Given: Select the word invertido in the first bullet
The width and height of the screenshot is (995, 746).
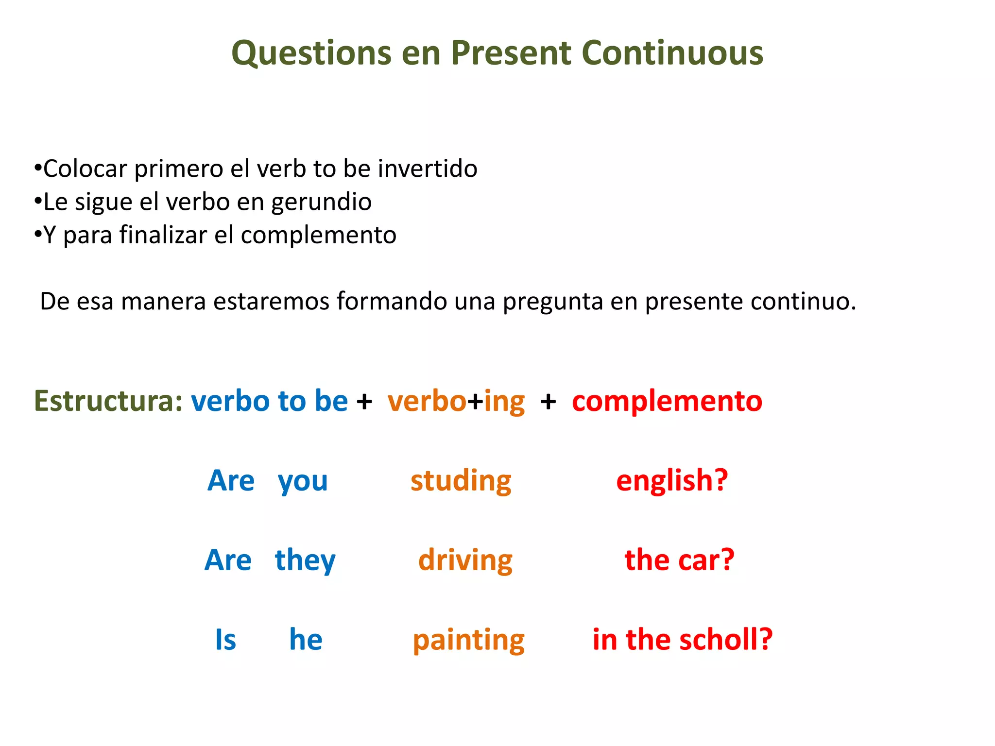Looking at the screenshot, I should pyautogui.click(x=428, y=169).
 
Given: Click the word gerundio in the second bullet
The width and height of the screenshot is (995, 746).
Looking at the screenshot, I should pyautogui.click(x=321, y=202).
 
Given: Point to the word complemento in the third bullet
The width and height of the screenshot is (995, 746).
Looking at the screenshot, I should pyautogui.click(x=318, y=235).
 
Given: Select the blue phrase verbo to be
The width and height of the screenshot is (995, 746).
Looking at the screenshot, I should pyautogui.click(x=269, y=401).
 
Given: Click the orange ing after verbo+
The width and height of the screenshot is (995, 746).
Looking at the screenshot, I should pyautogui.click(x=504, y=402).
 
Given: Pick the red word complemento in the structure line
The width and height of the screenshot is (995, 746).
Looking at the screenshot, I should pyautogui.click(x=667, y=401).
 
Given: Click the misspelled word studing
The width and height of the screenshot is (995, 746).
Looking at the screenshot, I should pyautogui.click(x=461, y=481).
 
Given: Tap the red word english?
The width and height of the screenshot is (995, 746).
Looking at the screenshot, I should pyautogui.click(x=672, y=481).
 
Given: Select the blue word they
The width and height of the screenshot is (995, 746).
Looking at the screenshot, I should pyautogui.click(x=305, y=560).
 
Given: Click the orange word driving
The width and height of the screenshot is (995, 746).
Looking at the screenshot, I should pyautogui.click(x=465, y=560).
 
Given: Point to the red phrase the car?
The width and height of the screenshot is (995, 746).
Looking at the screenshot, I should pyautogui.click(x=679, y=560).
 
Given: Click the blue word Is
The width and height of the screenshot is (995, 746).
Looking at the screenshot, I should pyautogui.click(x=225, y=640).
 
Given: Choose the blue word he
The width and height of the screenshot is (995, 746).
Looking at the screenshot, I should pyautogui.click(x=306, y=640).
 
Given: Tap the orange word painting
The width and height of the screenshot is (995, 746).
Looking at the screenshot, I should pyautogui.click(x=468, y=641).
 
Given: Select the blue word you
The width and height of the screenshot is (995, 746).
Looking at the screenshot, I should pyautogui.click(x=303, y=482).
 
